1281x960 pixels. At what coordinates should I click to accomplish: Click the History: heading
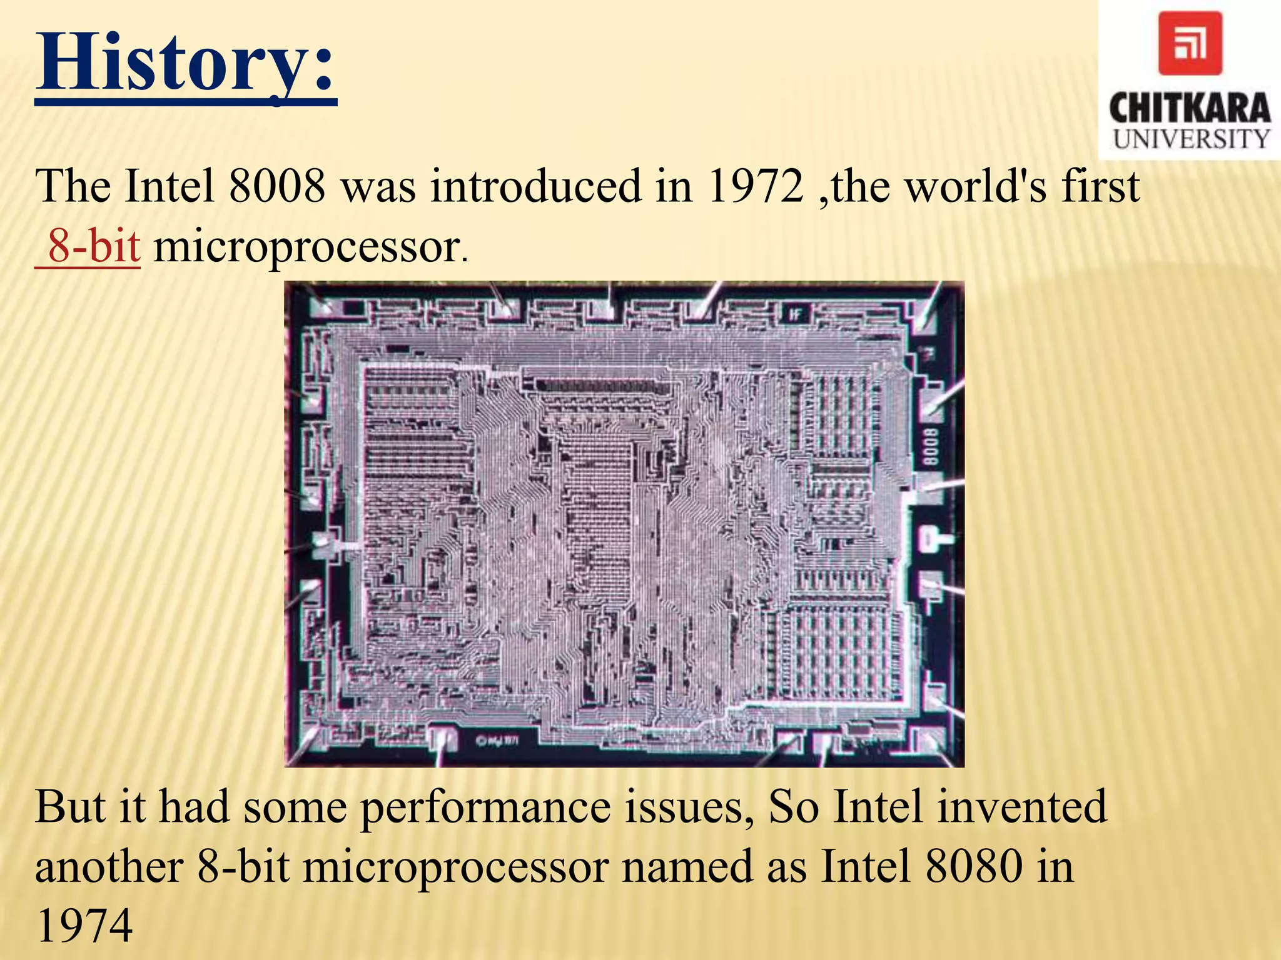pyautogui.click(x=186, y=63)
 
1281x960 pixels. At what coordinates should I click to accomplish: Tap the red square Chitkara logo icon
pyautogui.click(x=1190, y=44)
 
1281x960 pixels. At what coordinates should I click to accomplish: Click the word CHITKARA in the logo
pyautogui.click(x=1190, y=109)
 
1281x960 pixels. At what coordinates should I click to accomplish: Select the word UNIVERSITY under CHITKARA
pyautogui.click(x=1191, y=139)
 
